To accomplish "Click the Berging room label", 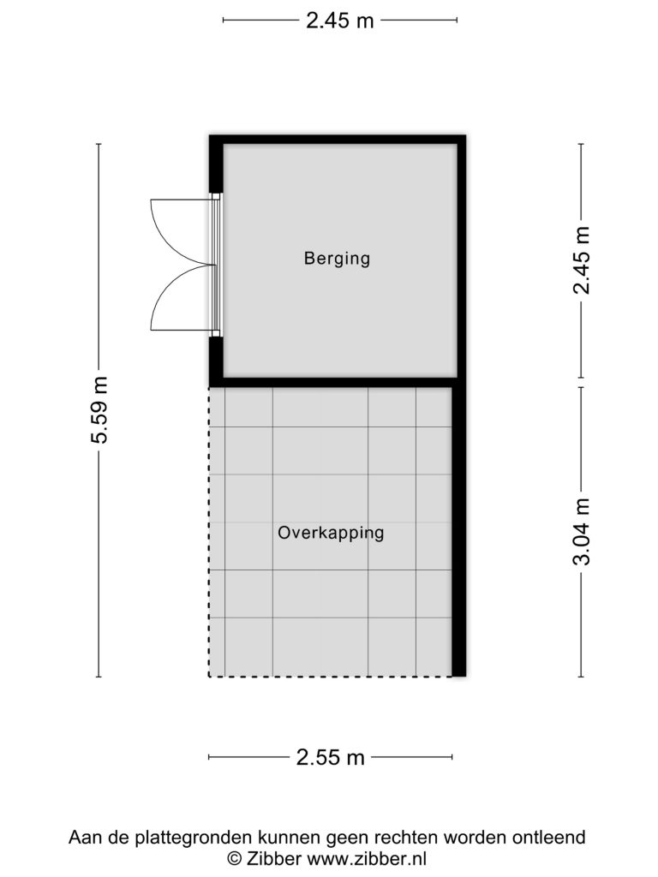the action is [337, 259].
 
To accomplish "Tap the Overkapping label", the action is [331, 533].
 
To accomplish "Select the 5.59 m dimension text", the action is [99, 410].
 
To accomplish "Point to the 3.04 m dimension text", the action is [582, 531].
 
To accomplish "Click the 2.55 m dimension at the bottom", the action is [330, 757].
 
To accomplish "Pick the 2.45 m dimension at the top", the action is [339, 21].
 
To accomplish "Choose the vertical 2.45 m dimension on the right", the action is [582, 260].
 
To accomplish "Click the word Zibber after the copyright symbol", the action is [274, 858].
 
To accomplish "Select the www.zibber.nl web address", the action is [367, 858].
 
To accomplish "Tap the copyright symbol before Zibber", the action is [235, 858].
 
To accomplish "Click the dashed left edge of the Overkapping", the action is [209, 532].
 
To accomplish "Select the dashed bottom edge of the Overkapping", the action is [330, 677].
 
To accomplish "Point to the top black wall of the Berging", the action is [338, 140].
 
